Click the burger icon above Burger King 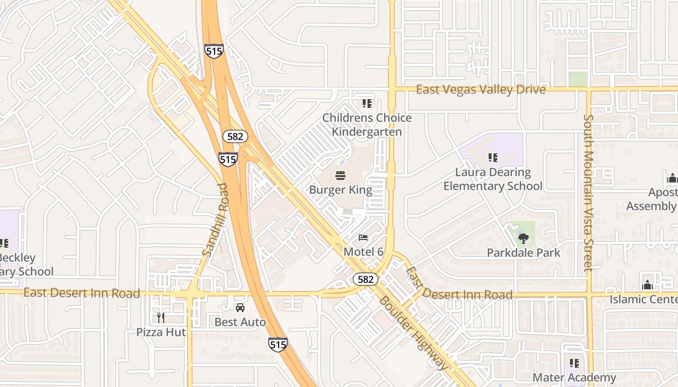(x=340, y=175)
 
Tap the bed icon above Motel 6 (x=363, y=237)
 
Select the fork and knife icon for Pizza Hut (x=161, y=317)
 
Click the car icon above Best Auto (x=240, y=307)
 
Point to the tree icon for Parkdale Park (x=523, y=238)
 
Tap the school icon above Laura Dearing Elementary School (x=493, y=157)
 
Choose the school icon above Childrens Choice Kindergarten (x=367, y=103)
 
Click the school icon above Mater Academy (x=574, y=363)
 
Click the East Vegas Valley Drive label (x=480, y=89)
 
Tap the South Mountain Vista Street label (x=588, y=193)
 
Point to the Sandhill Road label (x=215, y=220)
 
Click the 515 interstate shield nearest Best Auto (x=277, y=344)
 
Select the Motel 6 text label (x=363, y=252)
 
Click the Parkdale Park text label (x=523, y=253)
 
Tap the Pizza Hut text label (x=161, y=332)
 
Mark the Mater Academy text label (x=574, y=377)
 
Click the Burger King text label (x=340, y=190)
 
